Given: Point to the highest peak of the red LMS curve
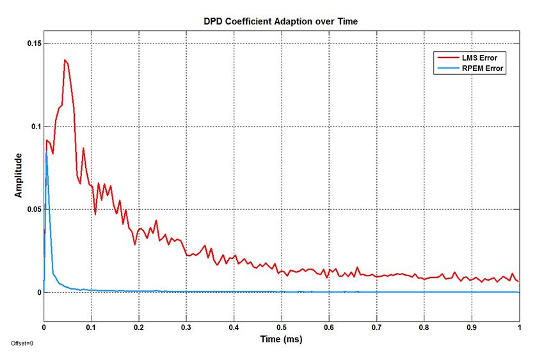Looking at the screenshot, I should [65, 60].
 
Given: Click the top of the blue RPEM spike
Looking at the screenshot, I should [46, 152].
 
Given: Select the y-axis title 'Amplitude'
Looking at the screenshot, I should [19, 175].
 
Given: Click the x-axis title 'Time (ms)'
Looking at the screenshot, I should [281, 340].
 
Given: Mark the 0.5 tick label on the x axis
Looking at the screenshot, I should [281, 326].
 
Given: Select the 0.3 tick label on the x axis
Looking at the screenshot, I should [186, 326].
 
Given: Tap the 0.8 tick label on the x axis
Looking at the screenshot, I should [424, 326].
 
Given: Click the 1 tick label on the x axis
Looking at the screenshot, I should [518, 326].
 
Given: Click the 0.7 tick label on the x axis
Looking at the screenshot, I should [376, 326].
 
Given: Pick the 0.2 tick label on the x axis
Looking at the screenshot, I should [139, 326].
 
